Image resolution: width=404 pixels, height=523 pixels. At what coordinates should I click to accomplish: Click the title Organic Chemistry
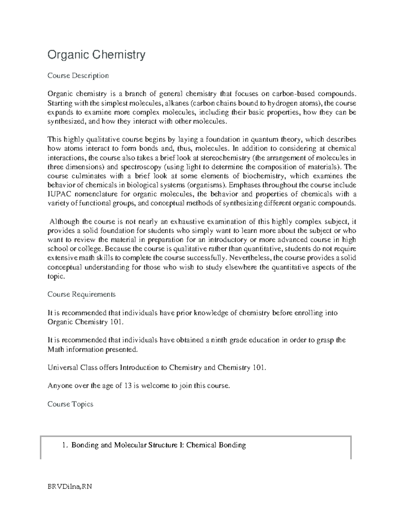(x=96, y=55)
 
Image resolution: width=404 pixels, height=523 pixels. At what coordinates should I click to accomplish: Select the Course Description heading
(x=78, y=75)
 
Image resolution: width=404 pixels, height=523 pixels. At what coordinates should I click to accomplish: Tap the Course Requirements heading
(x=81, y=294)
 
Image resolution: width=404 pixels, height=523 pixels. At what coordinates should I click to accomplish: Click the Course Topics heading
(x=70, y=404)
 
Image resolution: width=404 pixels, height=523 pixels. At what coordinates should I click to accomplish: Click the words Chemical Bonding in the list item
(x=216, y=445)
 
